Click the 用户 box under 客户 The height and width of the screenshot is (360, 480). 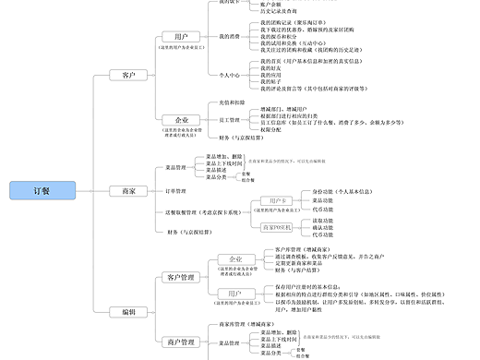click(181, 36)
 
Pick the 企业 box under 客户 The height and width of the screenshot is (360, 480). click(181, 120)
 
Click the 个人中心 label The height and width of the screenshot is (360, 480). click(230, 74)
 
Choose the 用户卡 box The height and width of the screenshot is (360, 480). click(277, 200)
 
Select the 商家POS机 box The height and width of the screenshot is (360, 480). click(277, 226)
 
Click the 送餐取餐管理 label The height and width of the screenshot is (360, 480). click(204, 212)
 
